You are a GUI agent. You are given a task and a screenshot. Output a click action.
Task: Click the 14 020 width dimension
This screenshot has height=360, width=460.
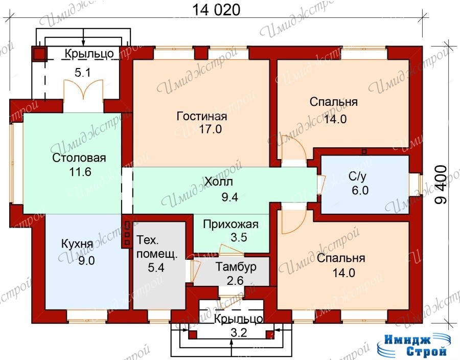[216, 10]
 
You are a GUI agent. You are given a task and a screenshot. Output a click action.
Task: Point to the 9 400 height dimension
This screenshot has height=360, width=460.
[441, 185]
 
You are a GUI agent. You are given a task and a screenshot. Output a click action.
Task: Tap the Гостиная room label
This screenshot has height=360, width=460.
[202, 116]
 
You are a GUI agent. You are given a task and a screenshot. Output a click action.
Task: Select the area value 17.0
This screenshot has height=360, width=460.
[211, 129]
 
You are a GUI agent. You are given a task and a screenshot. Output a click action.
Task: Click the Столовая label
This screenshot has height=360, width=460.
[79, 158]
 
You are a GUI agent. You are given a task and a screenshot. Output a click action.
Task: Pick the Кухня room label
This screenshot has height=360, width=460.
[78, 244]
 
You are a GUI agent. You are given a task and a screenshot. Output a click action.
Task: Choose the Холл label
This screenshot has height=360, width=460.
[219, 182]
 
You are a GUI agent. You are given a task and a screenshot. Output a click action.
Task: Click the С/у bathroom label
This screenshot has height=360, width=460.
[357, 176]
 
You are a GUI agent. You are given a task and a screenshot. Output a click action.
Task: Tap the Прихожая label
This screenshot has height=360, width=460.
[231, 224]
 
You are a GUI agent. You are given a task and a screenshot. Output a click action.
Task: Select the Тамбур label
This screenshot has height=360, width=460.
[236, 267]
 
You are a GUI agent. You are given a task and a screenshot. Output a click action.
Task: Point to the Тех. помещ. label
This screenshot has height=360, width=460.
[157, 247]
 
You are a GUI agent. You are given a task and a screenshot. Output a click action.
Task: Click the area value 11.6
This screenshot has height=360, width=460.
[80, 172]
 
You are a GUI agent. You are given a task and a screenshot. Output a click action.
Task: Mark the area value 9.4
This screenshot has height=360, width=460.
[229, 197]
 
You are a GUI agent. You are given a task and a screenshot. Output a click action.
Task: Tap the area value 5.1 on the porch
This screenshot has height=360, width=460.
[83, 73]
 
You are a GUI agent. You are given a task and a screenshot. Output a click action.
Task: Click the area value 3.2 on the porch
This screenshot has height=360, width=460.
[239, 333]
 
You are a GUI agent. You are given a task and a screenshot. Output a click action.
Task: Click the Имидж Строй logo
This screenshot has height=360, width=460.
[412, 345]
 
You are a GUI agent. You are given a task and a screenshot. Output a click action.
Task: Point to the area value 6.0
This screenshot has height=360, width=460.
[360, 190]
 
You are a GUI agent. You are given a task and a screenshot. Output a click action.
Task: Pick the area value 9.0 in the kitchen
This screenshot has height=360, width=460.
[86, 260]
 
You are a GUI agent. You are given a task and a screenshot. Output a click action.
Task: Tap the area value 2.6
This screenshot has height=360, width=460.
[235, 281]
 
